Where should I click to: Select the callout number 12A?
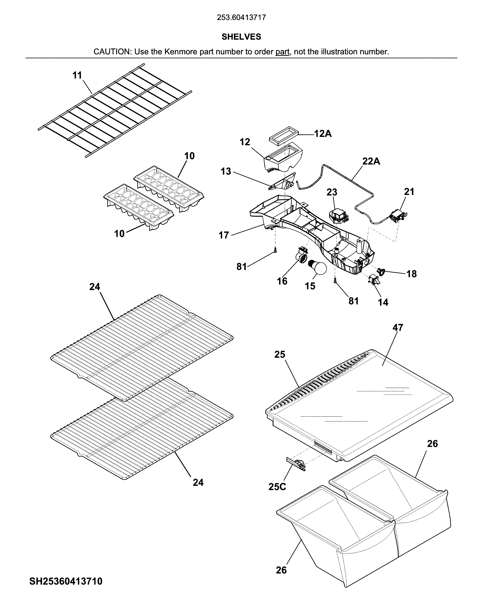coord(323,134)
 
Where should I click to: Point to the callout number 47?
coord(397,327)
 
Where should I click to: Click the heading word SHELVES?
coord(241,37)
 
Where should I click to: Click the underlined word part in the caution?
coord(282,52)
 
